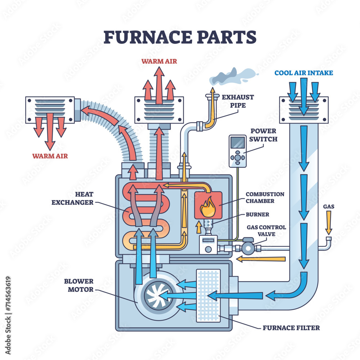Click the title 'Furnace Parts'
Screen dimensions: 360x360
coord(180,37)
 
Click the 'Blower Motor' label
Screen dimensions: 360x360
coord(79,285)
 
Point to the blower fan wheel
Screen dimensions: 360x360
coord(156,296)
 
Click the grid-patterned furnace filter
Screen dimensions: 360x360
coord(208,295)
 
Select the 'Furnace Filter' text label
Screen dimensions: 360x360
coord(291,328)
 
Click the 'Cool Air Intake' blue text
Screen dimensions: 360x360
coord(303,73)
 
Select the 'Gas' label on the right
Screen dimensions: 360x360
coord(328,206)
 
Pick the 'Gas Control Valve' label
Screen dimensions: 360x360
coord(266,230)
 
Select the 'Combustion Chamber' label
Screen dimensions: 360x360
coord(265,197)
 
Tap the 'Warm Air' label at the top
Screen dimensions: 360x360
coord(159,61)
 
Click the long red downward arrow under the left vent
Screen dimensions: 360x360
coord(50,131)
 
